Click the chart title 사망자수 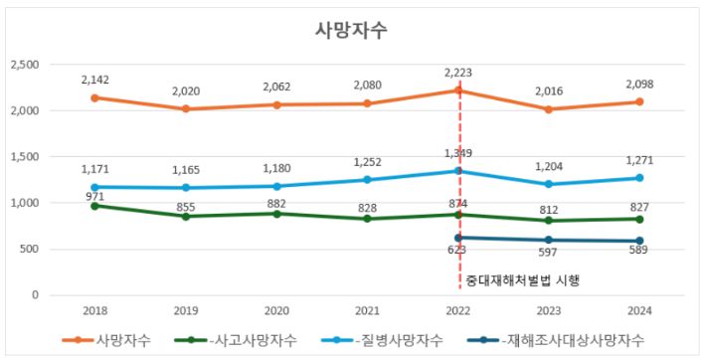click(351, 30)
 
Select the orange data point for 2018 click(93, 97)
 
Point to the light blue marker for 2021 click(367, 180)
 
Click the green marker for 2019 click(185, 216)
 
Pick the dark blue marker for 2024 click(639, 241)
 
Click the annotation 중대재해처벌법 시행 click(522, 281)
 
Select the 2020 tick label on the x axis click(275, 310)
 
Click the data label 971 click(93, 195)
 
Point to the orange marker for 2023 click(548, 109)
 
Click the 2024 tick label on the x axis click(639, 310)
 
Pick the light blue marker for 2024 click(639, 178)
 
